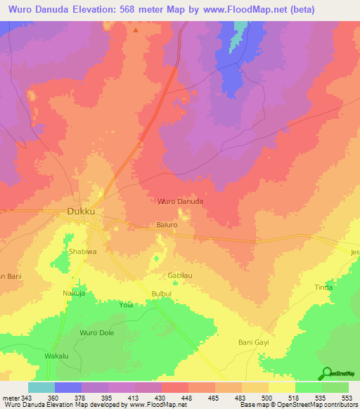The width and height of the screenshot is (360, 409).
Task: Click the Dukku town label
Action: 80,210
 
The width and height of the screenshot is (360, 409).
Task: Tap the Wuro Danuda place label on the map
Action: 181,201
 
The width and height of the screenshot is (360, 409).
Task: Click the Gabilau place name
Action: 180,276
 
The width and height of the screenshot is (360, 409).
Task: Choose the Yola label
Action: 127,306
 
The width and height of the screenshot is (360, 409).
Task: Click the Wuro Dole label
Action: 97,332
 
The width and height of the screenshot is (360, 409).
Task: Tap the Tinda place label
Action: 323,287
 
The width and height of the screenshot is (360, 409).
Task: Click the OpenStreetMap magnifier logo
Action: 326,373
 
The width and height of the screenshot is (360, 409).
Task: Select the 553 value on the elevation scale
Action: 347,397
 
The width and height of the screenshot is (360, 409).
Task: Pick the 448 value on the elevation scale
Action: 186,397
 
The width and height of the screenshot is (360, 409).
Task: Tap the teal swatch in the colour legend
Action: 41,387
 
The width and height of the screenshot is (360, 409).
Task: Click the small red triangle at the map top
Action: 135,30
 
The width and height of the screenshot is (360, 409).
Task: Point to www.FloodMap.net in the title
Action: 249,9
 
